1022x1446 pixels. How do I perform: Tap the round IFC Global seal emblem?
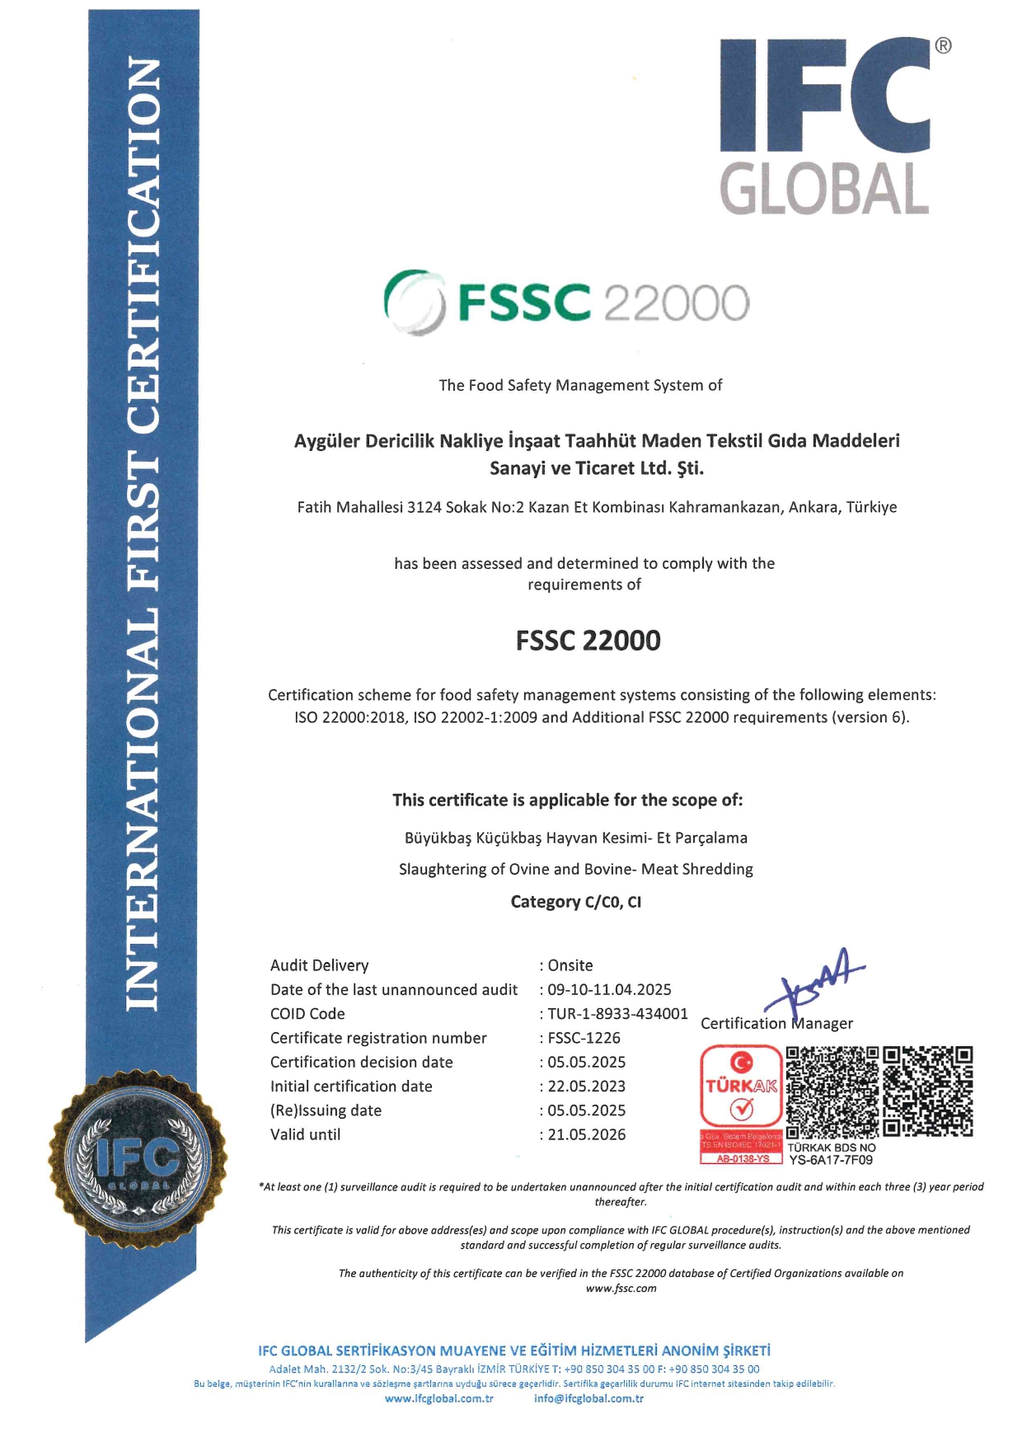(x=138, y=1160)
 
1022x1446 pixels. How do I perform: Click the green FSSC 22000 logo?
(x=567, y=303)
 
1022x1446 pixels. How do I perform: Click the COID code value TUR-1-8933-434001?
(x=617, y=1014)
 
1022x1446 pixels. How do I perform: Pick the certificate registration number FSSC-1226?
(x=584, y=1038)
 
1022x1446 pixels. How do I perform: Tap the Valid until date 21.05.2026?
(x=586, y=1134)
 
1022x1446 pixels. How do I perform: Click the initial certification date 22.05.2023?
(x=586, y=1087)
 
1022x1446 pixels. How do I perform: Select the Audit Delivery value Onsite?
(x=570, y=965)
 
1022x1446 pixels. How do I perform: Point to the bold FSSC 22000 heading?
(x=588, y=641)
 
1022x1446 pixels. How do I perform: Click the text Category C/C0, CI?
(x=575, y=902)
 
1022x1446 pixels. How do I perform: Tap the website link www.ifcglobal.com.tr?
(x=439, y=1398)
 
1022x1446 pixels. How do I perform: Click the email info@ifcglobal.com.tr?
(x=588, y=1398)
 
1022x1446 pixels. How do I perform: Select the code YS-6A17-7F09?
(x=831, y=1160)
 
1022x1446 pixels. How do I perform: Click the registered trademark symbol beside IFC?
(x=943, y=46)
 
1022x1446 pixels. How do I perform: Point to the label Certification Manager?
(x=776, y=1023)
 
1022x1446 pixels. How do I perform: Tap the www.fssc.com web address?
(x=621, y=1289)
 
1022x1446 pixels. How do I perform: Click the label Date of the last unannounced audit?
(x=394, y=989)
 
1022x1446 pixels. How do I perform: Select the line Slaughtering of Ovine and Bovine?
(x=575, y=869)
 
